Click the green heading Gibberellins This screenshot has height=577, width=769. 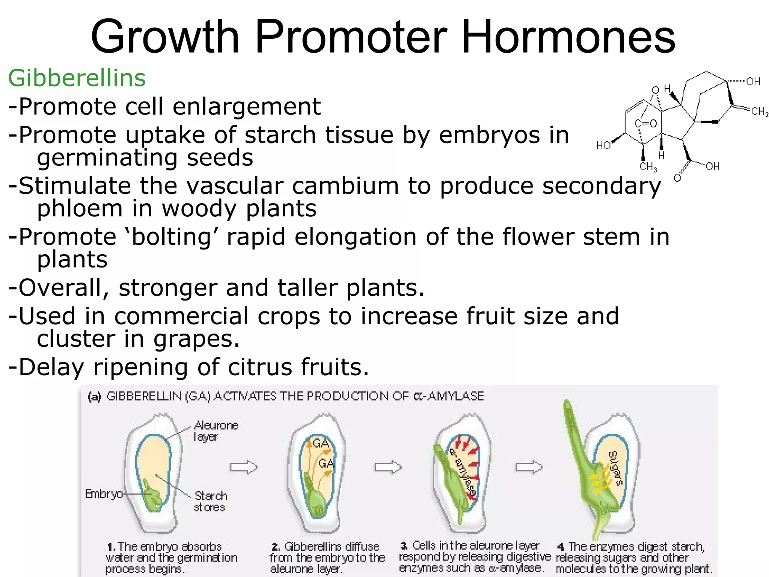pyautogui.click(x=77, y=78)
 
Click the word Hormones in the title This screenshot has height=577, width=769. pyautogui.click(x=568, y=37)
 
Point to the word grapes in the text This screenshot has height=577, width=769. pyautogui.click(x=196, y=339)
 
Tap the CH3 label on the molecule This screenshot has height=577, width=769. pyautogui.click(x=648, y=166)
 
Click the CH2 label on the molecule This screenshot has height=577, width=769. pyautogui.click(x=760, y=112)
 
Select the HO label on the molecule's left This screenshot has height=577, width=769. pyautogui.click(x=603, y=146)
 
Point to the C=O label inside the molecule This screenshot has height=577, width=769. pyautogui.click(x=645, y=123)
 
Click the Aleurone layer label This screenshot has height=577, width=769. pyautogui.click(x=216, y=431)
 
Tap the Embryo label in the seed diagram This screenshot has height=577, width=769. pyautogui.click(x=104, y=494)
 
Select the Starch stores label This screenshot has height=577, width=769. pyautogui.click(x=210, y=501)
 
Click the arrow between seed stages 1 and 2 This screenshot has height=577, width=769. pyautogui.click(x=244, y=467)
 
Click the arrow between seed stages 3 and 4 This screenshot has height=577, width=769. pyautogui.click(x=529, y=467)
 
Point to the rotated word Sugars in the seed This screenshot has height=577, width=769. pyautogui.click(x=615, y=468)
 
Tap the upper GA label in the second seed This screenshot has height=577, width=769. pyautogui.click(x=321, y=444)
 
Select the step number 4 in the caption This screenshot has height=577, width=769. pyautogui.click(x=561, y=547)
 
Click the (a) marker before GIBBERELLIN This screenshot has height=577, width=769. pyautogui.click(x=95, y=397)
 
